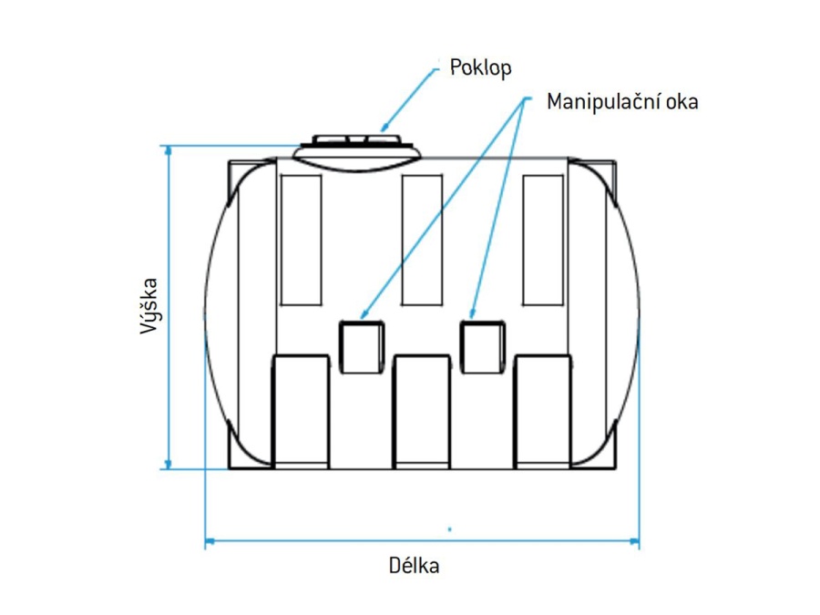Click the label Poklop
(x=480, y=68)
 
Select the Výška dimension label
(x=150, y=306)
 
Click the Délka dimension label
(x=415, y=566)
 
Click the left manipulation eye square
(x=360, y=346)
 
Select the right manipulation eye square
(x=481, y=346)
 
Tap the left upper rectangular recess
(x=301, y=240)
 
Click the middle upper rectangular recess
(x=422, y=240)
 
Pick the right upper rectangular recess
(x=543, y=240)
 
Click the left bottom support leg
(x=301, y=411)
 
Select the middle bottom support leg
(x=422, y=411)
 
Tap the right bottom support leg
(x=543, y=411)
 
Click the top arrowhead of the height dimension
(x=168, y=151)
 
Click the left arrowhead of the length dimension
(x=210, y=542)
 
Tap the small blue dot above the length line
(x=449, y=528)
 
